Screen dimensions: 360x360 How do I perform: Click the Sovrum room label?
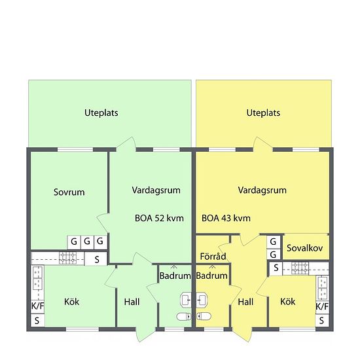point(69,192)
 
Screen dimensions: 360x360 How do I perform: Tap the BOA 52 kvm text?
point(159,218)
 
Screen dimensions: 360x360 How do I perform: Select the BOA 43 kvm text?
point(226,218)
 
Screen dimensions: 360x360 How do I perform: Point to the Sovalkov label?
point(304,248)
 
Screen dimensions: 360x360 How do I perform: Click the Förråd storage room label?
point(213,256)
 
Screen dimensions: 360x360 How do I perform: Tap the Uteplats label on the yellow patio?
point(263,113)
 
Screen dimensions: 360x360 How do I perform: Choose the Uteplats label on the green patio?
point(101,113)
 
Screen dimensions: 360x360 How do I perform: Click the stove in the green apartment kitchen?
point(67,258)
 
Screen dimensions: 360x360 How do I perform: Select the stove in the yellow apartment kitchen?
point(300,268)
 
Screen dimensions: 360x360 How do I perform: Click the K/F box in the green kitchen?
point(38,306)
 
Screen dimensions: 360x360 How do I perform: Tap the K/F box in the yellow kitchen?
point(322,307)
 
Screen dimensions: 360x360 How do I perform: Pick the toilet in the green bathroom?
point(184,317)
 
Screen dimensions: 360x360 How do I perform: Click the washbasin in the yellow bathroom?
point(202,300)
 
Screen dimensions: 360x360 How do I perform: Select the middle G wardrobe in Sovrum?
point(87,242)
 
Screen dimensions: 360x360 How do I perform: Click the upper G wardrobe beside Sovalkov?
point(273,242)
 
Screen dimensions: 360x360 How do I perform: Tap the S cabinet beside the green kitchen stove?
point(96,259)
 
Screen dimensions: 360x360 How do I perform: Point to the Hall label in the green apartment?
point(132,302)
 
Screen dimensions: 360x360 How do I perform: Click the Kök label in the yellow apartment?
point(288,302)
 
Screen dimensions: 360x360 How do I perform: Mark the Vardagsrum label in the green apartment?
point(156,190)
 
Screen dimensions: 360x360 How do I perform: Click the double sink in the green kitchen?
point(38,278)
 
